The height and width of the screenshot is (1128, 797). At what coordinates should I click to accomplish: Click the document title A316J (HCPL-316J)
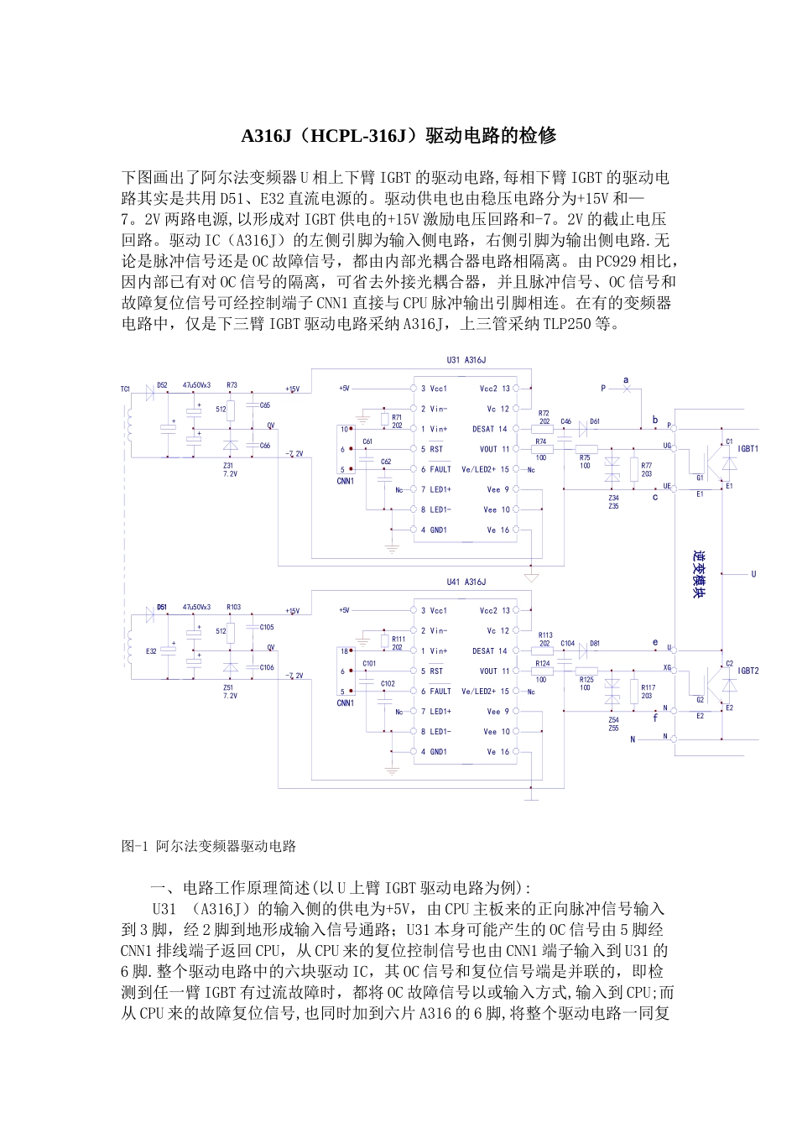tap(398, 135)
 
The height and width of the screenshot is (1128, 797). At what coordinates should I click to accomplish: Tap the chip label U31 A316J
tap(466, 360)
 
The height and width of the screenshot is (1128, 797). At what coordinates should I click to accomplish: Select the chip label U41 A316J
tap(466, 582)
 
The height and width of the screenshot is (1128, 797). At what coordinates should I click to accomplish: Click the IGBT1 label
tap(748, 449)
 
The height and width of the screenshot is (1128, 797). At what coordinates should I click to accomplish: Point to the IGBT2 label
tap(748, 671)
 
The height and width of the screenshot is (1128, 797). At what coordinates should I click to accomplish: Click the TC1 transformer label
tap(125, 389)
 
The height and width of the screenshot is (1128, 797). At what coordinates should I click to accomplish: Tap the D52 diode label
tap(162, 384)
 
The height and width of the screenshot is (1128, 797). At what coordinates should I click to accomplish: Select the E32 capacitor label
tap(151, 650)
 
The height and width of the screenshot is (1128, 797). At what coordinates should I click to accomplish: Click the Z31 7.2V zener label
tap(229, 469)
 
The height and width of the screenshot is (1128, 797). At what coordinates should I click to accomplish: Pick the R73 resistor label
tap(232, 384)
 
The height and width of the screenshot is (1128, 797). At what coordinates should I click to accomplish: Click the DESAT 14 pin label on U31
tap(490, 429)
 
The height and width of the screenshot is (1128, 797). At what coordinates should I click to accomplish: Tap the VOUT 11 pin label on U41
tap(494, 671)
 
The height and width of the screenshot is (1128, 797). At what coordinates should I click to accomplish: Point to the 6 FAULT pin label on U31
tap(436, 469)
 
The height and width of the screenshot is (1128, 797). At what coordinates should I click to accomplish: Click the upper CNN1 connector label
tap(345, 482)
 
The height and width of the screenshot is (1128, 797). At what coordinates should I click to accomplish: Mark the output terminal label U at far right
tap(753, 574)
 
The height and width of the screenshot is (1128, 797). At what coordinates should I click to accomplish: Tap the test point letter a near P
tap(626, 380)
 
